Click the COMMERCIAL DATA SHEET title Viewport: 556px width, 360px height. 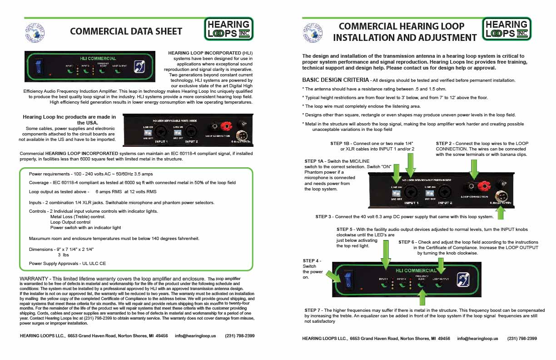point(126,31)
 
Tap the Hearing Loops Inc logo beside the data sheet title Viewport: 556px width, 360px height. point(228,29)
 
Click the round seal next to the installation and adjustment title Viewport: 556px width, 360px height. point(310,32)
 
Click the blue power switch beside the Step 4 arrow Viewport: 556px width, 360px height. point(347,280)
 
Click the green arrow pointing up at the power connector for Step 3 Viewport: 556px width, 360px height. point(501,212)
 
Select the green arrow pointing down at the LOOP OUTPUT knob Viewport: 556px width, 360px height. point(440,265)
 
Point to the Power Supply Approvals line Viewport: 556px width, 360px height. point(67,263)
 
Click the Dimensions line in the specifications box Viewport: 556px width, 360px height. point(62,250)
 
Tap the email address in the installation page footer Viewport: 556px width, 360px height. point(477,339)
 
